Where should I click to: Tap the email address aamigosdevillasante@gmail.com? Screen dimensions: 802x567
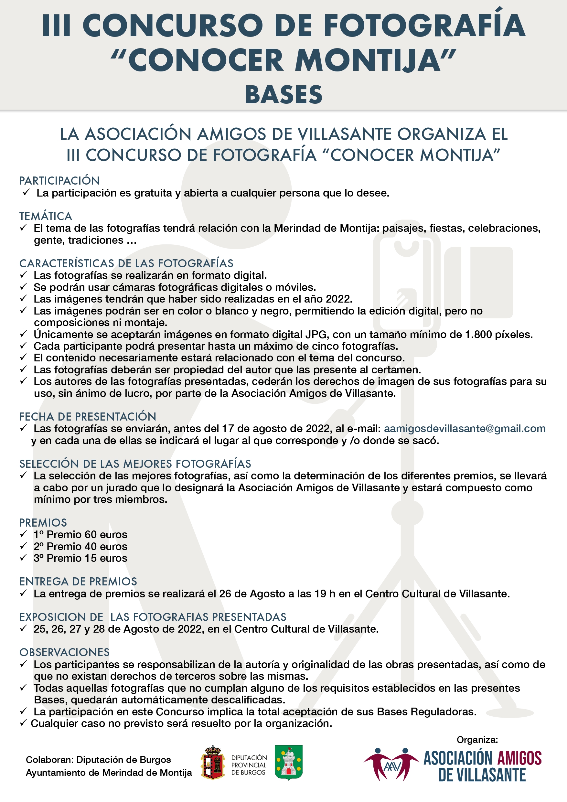click(464, 428)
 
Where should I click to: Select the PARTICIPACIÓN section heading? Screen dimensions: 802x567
click(59, 181)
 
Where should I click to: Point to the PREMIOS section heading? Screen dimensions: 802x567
click(43, 523)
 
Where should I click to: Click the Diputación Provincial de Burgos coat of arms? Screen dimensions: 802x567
click(213, 763)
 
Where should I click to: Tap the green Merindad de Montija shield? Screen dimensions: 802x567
click(288, 763)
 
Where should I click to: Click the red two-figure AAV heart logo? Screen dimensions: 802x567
click(391, 765)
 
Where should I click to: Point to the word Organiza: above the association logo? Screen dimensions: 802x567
click(477, 740)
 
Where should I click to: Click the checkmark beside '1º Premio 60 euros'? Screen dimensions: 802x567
click(23, 534)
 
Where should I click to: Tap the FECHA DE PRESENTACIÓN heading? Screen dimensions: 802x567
click(88, 416)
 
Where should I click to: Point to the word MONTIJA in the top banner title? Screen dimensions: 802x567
click(368, 60)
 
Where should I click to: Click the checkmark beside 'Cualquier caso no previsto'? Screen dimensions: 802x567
click(23, 723)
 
